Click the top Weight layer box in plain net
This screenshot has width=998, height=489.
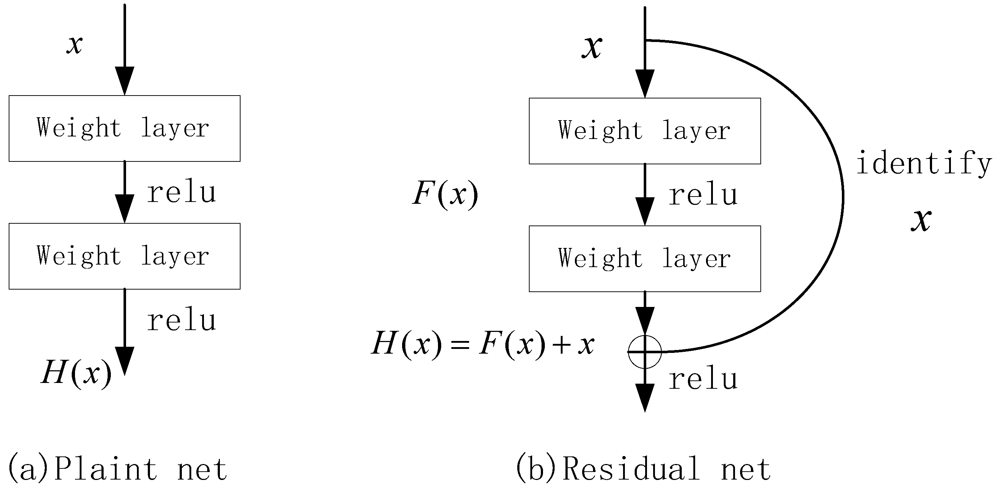[x=124, y=128]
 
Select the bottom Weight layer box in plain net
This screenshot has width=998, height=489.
[x=124, y=256]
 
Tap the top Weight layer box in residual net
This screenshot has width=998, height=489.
[x=645, y=131]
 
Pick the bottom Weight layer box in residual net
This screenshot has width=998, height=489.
[x=645, y=259]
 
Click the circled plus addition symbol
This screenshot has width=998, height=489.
[x=645, y=351]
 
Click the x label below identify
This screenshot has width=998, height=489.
[x=921, y=220]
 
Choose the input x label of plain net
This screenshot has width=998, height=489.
[x=74, y=44]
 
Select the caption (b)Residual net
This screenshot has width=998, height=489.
[x=643, y=469]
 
